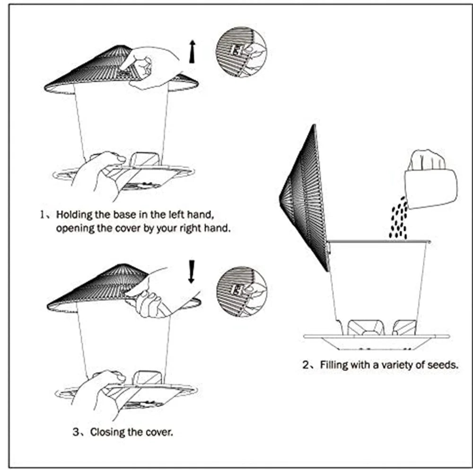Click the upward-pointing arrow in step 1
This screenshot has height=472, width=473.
tap(192, 52)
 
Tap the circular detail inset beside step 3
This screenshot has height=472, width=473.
tap(241, 291)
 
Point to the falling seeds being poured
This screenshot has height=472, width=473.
tap(399, 219)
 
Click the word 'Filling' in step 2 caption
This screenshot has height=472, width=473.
tap(334, 365)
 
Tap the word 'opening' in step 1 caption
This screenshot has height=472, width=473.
tap(73, 228)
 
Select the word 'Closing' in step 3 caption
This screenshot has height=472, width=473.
tap(107, 432)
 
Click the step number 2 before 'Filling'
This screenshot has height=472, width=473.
tap(306, 365)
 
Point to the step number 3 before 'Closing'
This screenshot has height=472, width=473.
tap(76, 432)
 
